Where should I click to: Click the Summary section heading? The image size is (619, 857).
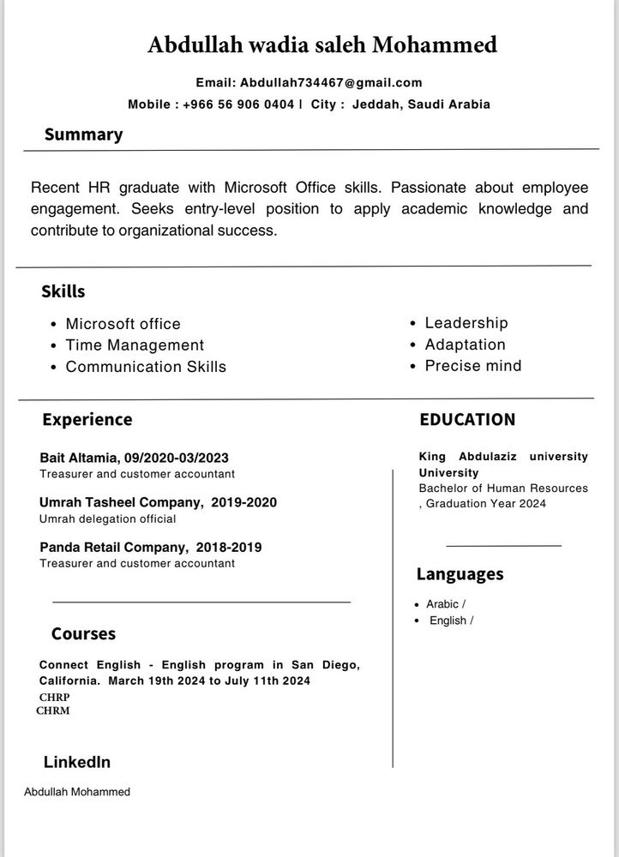point(83,135)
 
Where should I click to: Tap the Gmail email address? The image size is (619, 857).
point(331,83)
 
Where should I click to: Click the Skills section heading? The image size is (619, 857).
point(63,291)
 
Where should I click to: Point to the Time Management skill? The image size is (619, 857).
point(135,345)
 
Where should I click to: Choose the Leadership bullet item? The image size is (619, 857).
point(466,323)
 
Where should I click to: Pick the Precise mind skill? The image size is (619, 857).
point(473,366)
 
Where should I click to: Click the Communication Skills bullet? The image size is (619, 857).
point(146,367)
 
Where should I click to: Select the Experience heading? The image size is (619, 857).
point(87,420)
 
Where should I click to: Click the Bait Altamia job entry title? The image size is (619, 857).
point(134,458)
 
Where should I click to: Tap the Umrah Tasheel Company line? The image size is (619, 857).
point(158,502)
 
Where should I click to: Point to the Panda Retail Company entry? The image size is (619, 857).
point(150,547)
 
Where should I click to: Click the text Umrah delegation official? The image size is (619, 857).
point(107,518)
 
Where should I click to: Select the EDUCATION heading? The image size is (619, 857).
point(467,420)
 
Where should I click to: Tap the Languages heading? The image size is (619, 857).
point(460,574)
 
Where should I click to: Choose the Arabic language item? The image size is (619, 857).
point(445,604)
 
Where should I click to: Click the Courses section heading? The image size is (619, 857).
point(83,634)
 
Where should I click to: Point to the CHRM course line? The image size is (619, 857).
point(53,710)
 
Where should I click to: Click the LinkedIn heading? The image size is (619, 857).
point(76,762)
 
